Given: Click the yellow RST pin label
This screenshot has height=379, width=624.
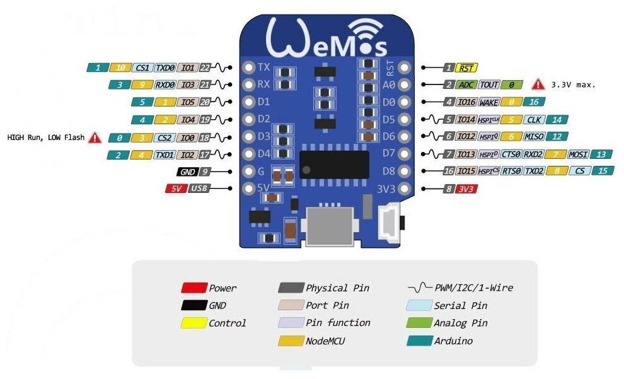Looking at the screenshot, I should pyautogui.click(x=467, y=67).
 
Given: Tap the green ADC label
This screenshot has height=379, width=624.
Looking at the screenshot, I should pyautogui.click(x=467, y=85).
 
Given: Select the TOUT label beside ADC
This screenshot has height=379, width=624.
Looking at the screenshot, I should pyautogui.click(x=489, y=85).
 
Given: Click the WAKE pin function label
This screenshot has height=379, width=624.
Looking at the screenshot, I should pyautogui.click(x=490, y=102).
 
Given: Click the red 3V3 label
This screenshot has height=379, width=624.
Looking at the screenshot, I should pyautogui.click(x=467, y=188).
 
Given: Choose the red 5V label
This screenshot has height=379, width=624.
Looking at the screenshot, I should pyautogui.click(x=175, y=188).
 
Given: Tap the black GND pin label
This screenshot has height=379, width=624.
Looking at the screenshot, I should pyautogui.click(x=188, y=171).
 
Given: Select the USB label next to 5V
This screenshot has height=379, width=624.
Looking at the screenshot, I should pyautogui.click(x=199, y=188).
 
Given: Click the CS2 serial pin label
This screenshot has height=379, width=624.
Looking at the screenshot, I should pyautogui.click(x=165, y=137).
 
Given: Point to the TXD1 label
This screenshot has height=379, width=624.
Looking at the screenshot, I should pyautogui.click(x=165, y=155).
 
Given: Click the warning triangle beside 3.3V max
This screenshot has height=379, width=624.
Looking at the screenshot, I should pyautogui.click(x=538, y=84).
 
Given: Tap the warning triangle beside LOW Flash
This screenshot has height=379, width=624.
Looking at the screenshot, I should pyautogui.click(x=95, y=137).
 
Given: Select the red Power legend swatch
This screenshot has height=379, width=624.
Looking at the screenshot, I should pyautogui.click(x=194, y=288).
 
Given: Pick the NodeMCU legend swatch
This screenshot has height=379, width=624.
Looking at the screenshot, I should pyautogui.click(x=291, y=341).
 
